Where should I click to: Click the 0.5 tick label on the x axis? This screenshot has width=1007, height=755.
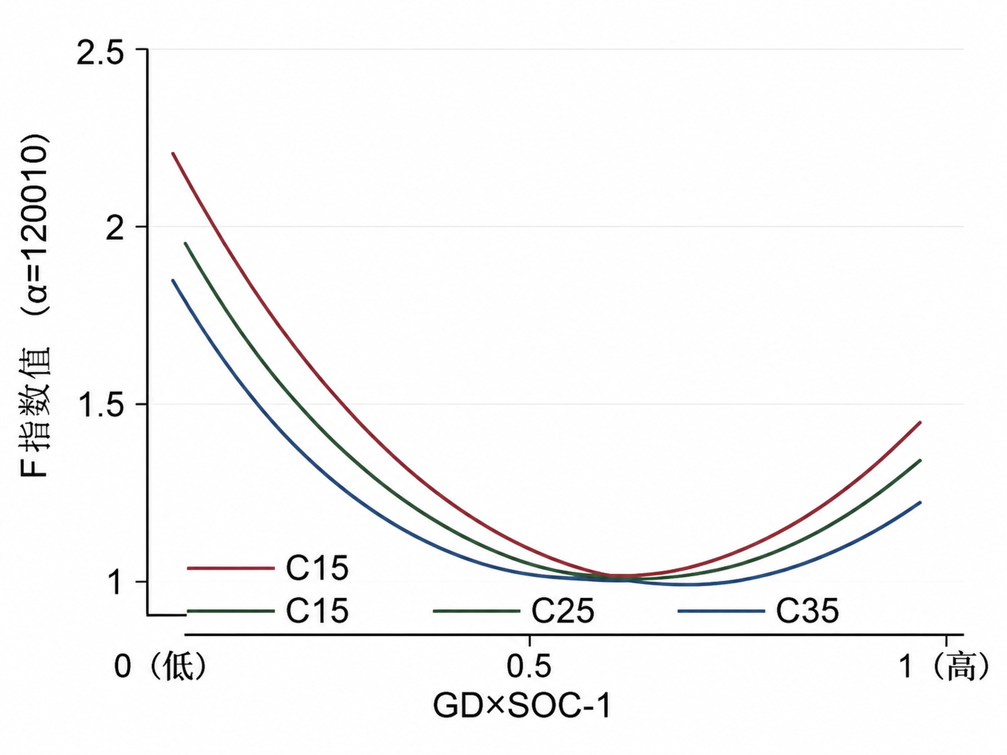(x=529, y=667)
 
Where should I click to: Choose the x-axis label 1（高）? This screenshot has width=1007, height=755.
(x=945, y=667)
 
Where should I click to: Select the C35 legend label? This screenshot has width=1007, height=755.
(x=807, y=611)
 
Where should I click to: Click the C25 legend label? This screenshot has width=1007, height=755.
(x=563, y=611)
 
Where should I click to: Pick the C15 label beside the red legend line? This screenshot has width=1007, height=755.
(x=317, y=568)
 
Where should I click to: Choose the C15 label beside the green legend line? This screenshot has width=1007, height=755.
(x=317, y=611)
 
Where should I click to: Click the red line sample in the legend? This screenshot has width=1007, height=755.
(x=231, y=568)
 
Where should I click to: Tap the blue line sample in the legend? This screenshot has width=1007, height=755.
(x=721, y=611)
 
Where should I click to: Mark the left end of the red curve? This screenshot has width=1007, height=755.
(x=172, y=153)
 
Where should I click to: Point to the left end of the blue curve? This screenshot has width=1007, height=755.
(x=172, y=280)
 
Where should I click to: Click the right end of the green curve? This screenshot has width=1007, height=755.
(x=921, y=460)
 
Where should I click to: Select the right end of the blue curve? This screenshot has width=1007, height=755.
(x=921, y=502)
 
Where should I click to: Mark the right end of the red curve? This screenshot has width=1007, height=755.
(x=921, y=422)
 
